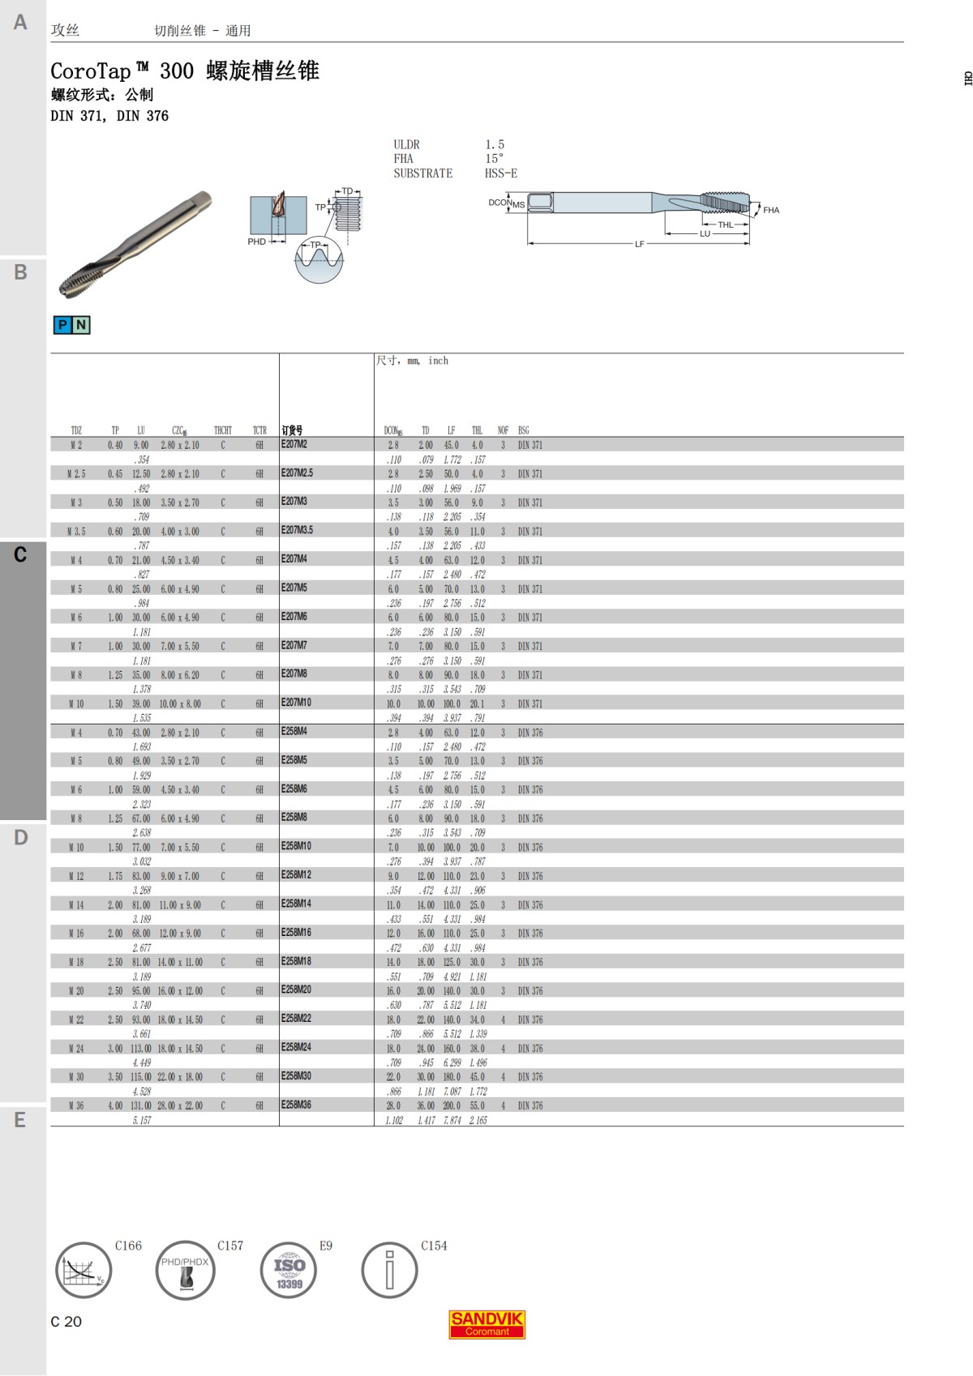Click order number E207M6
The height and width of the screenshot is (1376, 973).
tap(294, 617)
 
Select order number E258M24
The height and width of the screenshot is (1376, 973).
tap(296, 1047)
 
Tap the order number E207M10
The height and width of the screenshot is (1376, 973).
tap(296, 703)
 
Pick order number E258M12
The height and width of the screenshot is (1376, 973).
tap(296, 875)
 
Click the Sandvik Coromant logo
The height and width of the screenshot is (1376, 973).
tap(487, 1324)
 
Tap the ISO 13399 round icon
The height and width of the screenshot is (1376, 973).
tap(289, 1270)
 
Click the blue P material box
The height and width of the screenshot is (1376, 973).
tap(62, 325)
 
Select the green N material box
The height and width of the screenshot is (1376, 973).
tap(81, 325)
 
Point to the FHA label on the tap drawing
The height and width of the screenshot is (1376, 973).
tap(771, 211)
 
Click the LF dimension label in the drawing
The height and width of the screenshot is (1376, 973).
tap(639, 244)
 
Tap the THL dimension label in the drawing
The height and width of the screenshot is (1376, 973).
tap(725, 225)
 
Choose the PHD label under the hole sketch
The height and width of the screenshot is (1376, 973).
tap(256, 241)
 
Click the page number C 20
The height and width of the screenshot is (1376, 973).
tap(66, 1322)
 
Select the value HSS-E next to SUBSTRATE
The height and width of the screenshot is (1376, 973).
tap(500, 173)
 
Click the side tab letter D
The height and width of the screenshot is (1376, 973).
tap(21, 837)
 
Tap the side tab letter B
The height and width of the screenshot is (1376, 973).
tap(21, 272)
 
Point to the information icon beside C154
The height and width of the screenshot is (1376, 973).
tap(389, 1270)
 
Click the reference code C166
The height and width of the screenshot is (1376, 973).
tap(128, 1246)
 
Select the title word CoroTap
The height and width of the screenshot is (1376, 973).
tap(91, 71)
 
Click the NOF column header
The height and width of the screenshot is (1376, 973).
tap(503, 430)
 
